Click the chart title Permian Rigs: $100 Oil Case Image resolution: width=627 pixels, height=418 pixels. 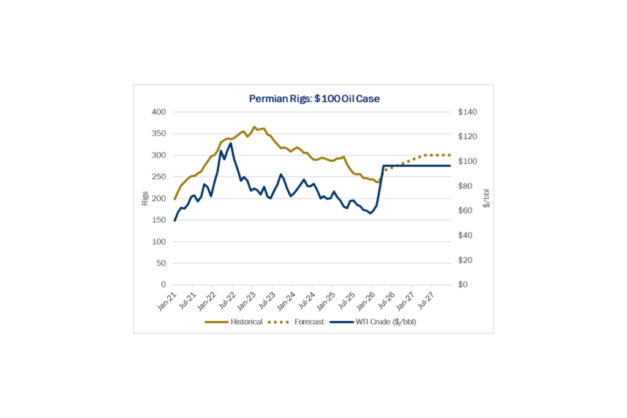point(314,99)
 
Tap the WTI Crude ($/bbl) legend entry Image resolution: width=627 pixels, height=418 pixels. point(385,322)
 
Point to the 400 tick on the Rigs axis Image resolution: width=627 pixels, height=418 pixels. point(158,112)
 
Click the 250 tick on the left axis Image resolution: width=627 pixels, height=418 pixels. point(158,177)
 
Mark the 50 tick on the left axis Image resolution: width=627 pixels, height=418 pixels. point(160,263)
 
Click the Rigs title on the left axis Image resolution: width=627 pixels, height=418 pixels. point(146,198)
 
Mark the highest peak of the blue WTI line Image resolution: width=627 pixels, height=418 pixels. point(230,143)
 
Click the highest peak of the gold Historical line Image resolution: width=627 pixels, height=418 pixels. point(254,127)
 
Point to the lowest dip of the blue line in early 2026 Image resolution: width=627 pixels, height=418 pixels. point(370,213)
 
